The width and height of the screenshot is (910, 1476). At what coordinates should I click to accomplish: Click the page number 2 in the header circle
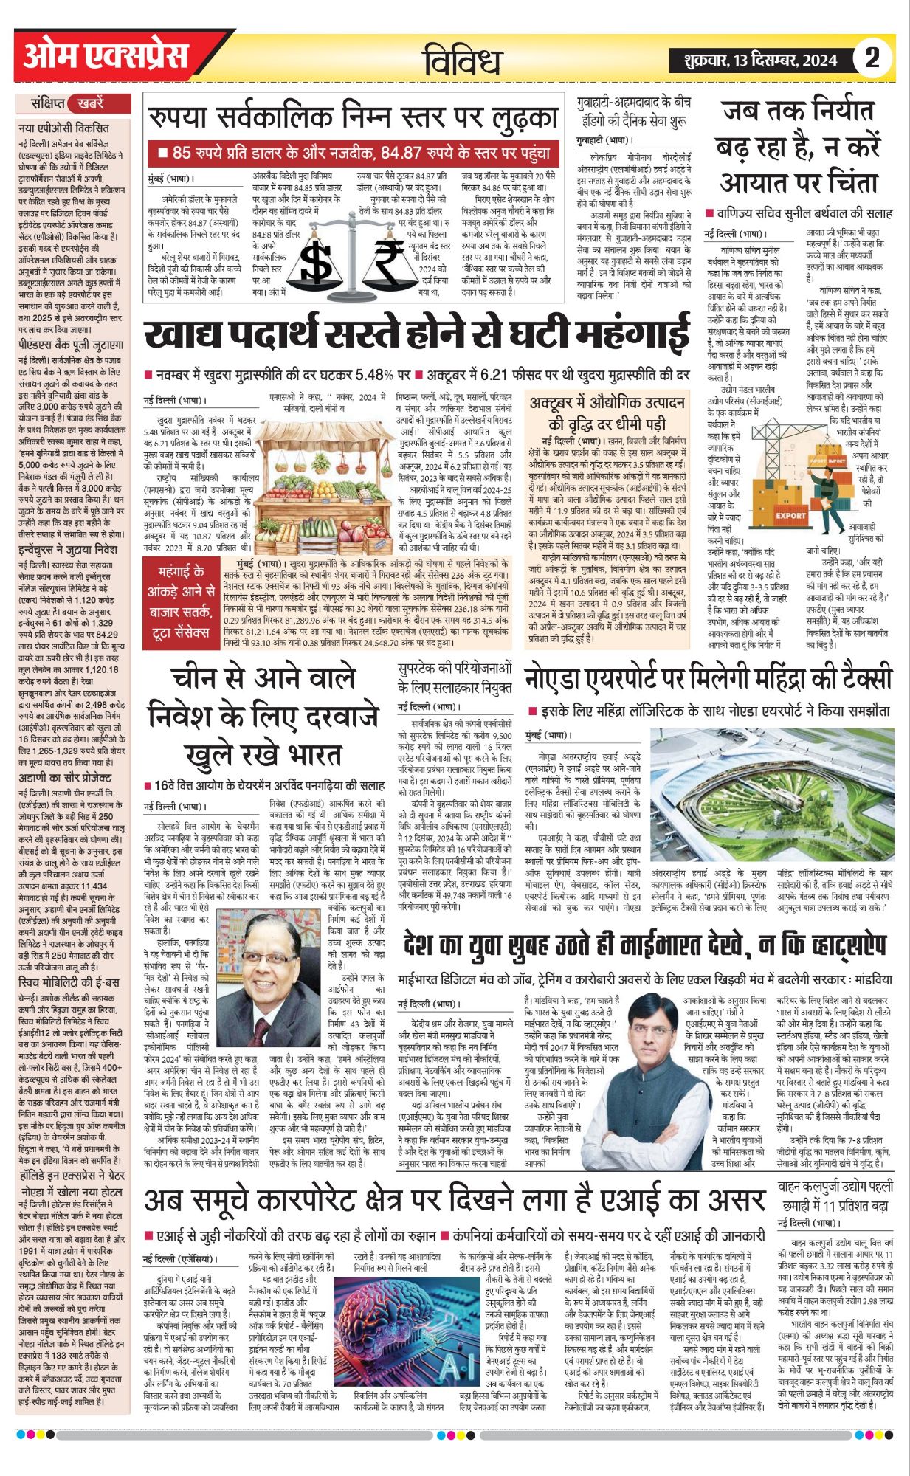[x=872, y=57]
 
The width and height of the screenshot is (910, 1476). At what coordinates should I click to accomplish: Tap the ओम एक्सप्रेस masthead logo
[x=106, y=57]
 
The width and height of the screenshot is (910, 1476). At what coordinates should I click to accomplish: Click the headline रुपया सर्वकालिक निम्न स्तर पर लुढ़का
[x=353, y=118]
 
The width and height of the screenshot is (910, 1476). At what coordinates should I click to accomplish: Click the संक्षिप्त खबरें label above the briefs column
[x=67, y=103]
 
